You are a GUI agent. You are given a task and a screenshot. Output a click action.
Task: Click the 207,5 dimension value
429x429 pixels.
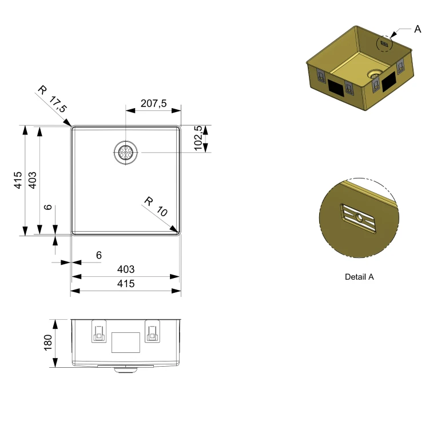coord(153,104)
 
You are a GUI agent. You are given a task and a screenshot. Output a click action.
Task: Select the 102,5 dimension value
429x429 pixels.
coord(198,138)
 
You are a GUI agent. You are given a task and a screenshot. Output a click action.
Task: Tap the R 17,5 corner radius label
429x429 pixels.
coord(52,99)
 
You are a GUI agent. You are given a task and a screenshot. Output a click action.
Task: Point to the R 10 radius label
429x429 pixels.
coord(156,206)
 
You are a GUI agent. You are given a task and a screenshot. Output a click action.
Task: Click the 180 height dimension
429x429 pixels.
coord(47,342)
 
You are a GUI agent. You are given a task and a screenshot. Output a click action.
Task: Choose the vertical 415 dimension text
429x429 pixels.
coord(18,180)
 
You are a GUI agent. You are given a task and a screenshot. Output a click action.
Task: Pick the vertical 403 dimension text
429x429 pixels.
coord(32,180)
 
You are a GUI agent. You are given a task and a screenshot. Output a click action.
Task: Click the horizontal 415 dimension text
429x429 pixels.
coord(126,284)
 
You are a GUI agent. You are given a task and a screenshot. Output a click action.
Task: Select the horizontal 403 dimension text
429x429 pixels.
coord(126,269)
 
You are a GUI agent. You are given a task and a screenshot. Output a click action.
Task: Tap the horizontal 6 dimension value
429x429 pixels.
coord(99,255)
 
